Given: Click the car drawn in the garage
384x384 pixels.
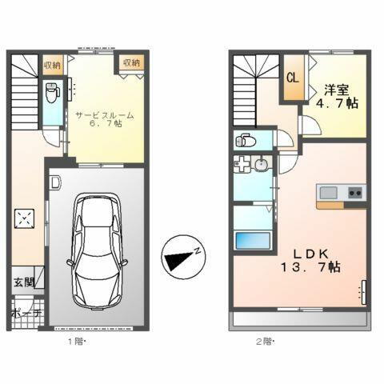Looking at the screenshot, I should pos(97,249).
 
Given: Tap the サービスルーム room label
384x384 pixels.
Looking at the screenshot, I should pos(105,115).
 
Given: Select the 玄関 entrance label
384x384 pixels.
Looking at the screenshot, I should pos(22,282).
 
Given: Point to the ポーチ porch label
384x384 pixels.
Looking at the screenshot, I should pos(26,314).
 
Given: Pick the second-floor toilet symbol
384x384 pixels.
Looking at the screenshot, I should pos(244,142).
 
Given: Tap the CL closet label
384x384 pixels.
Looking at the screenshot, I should pos(293,78).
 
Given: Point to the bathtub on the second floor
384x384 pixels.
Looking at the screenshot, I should pos(251,241).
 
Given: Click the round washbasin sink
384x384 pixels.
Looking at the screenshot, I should pos(262,166).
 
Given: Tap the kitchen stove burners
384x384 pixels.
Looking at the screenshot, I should pos(355,192).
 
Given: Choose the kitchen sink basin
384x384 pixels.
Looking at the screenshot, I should pos(330,192).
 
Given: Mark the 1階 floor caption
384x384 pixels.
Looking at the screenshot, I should pos(74,341).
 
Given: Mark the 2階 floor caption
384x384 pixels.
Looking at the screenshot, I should pos(264,341).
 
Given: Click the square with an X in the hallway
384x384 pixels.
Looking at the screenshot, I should pos(26,218).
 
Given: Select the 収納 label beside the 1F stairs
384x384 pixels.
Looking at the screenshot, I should pos(53,62).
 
